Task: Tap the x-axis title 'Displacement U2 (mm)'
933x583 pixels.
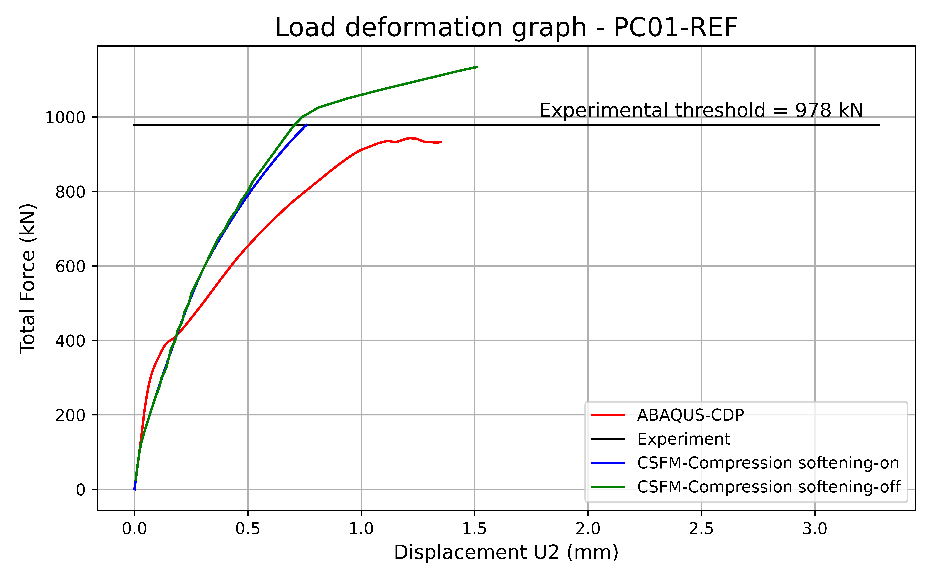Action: (x=506, y=553)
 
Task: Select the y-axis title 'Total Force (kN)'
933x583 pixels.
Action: (x=28, y=278)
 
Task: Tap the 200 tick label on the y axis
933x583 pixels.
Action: (x=70, y=415)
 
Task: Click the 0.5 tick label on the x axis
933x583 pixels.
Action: (x=248, y=529)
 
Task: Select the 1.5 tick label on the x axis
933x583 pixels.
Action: (x=475, y=529)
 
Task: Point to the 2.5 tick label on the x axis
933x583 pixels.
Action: (x=701, y=529)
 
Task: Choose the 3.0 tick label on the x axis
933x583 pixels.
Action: (x=815, y=529)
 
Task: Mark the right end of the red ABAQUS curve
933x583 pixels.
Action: (x=441, y=142)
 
